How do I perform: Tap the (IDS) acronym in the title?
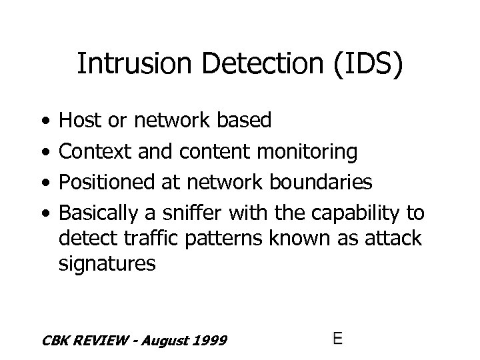click(363, 65)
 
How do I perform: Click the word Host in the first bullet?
click(79, 120)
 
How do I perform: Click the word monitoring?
click(308, 152)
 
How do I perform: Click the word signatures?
click(107, 263)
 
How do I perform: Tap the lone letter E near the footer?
click(338, 338)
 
